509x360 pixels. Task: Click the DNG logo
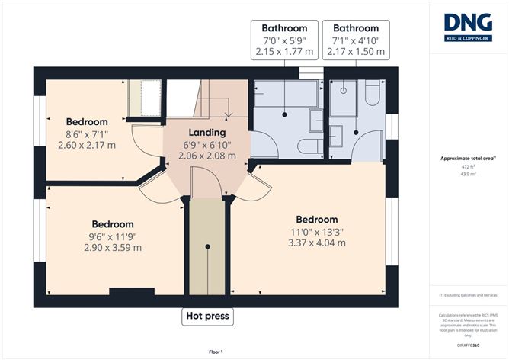tap(469, 27)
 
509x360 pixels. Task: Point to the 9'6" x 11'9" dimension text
tap(113, 236)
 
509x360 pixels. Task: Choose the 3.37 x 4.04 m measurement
tap(316, 243)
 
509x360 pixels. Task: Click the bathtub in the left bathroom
tap(284, 95)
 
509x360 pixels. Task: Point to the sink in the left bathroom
tap(315, 121)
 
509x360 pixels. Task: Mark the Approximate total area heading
tap(468, 158)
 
